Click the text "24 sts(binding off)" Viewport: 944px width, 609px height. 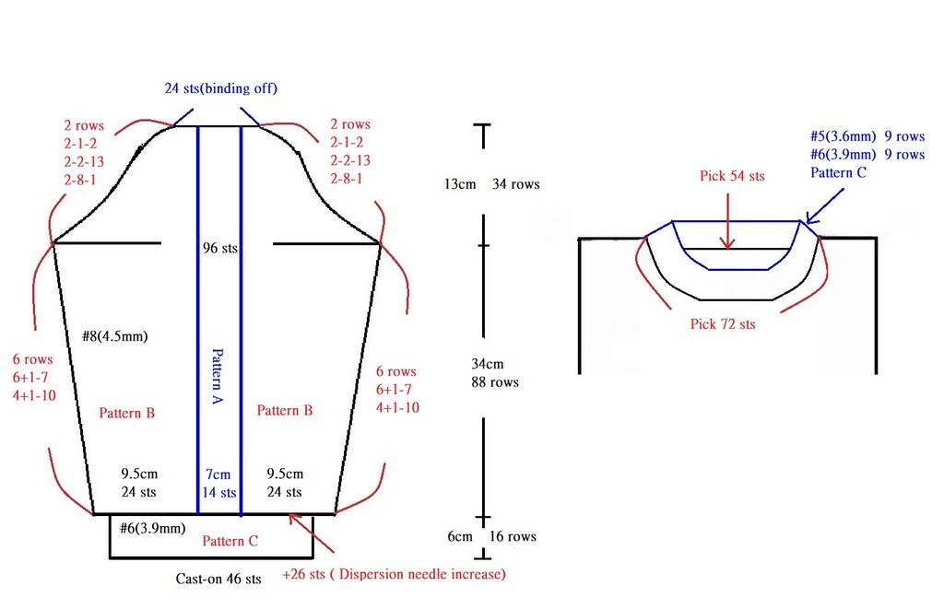tap(221, 88)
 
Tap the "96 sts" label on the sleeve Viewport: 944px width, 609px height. tap(219, 248)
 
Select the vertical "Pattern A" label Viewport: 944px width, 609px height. tap(218, 376)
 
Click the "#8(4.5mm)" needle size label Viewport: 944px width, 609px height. tap(115, 336)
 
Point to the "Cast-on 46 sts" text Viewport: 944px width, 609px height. tap(218, 579)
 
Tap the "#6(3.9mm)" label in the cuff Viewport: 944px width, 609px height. tap(152, 528)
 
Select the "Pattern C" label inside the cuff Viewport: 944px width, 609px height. tap(230, 541)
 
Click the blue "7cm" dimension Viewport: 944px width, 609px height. tap(218, 474)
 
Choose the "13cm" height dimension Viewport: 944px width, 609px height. tap(460, 184)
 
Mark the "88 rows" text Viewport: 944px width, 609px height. tap(495, 382)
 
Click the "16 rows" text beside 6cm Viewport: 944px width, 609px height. tap(513, 536)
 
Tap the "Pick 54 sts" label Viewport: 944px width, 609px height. tap(732, 176)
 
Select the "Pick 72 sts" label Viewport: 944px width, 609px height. tap(723, 323)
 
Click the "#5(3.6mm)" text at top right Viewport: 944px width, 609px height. tap(843, 136)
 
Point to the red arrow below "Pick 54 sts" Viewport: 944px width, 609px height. tap(728, 220)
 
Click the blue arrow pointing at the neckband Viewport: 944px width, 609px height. tap(824, 205)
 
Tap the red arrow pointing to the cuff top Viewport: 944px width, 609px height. tap(312, 533)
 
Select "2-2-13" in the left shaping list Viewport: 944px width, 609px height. tap(84, 162)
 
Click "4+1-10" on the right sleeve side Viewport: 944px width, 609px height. tap(397, 407)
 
